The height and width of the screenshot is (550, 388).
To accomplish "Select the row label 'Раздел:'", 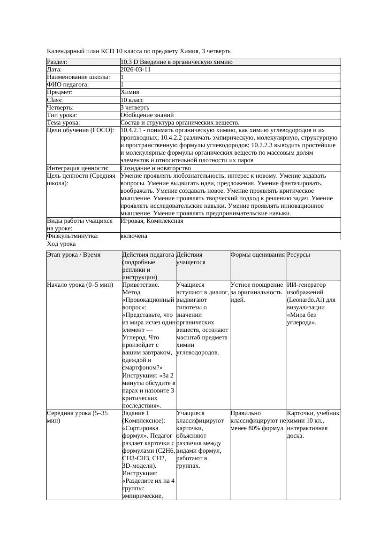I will coord(57,62).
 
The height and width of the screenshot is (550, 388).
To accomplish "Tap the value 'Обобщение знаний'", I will coord(147,115).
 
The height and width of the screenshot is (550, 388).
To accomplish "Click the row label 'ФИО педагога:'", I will coord(68,85).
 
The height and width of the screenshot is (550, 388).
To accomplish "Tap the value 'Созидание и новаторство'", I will coord(155,168).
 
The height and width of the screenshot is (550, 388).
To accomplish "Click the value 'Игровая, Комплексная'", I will coord(152,220).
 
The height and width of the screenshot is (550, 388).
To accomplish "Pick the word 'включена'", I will coord(134,236).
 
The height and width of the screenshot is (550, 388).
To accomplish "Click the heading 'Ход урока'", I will coord(61,244).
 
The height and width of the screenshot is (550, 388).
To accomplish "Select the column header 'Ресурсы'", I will coord(298,255).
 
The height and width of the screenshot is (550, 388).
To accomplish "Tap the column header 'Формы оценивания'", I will coord(258,255).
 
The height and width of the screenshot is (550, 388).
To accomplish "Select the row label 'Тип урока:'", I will coord(62,115).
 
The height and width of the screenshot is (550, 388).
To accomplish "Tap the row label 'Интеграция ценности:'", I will coord(78,168).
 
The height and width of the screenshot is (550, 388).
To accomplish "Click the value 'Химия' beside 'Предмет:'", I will coord(129,92).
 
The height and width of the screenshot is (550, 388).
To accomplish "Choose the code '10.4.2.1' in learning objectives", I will coord(133,130).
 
